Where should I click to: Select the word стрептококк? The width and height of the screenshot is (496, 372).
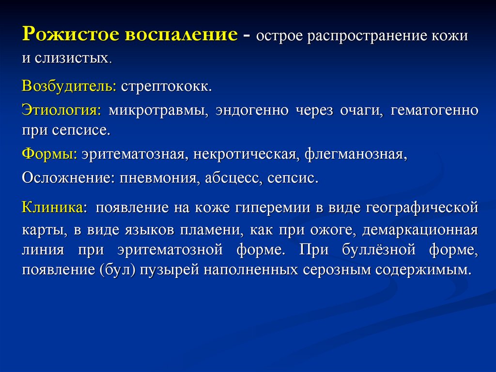point(167,87)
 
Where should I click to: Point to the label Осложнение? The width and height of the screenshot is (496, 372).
point(66,178)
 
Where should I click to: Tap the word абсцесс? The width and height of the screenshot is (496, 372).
point(232,178)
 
